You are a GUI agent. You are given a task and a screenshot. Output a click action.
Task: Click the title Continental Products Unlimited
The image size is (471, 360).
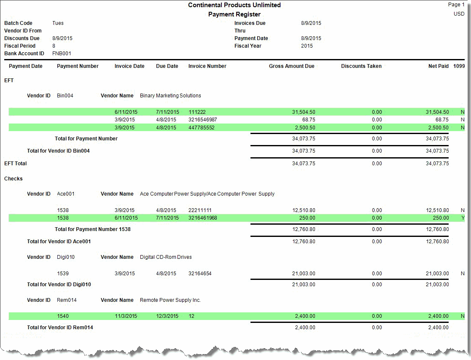234,5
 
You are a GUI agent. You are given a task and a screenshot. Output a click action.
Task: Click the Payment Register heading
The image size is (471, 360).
234,14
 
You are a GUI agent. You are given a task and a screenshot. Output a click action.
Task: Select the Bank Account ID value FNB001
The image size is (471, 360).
62,54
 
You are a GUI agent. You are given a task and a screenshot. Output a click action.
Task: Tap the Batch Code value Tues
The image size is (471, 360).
58,23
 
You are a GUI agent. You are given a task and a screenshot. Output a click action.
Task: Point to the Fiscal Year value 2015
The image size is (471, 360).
307,46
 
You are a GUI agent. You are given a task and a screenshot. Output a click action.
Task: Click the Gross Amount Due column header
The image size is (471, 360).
291,66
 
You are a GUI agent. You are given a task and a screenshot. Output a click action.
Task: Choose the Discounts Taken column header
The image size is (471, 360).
361,66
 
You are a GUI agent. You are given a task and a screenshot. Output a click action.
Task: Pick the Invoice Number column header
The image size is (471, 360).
207,66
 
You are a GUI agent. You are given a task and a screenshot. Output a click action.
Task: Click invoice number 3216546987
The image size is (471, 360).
203,120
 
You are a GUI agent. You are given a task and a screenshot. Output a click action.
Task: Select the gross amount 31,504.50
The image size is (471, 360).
303,112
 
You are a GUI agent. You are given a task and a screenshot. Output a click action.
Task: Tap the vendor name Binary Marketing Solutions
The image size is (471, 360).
170,96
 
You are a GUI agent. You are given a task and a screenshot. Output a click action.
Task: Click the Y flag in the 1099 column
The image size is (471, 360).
463,218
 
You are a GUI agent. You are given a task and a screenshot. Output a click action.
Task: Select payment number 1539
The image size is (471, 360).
63,274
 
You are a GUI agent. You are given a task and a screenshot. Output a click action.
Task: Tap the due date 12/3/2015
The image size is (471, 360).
167,316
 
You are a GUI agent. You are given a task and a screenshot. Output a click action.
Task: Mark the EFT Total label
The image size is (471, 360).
15,164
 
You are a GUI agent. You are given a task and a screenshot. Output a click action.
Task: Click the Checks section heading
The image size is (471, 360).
13,179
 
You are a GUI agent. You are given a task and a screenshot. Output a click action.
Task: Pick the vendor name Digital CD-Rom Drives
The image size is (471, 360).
166,257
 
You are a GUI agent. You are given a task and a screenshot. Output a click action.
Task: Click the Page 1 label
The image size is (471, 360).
456,5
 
